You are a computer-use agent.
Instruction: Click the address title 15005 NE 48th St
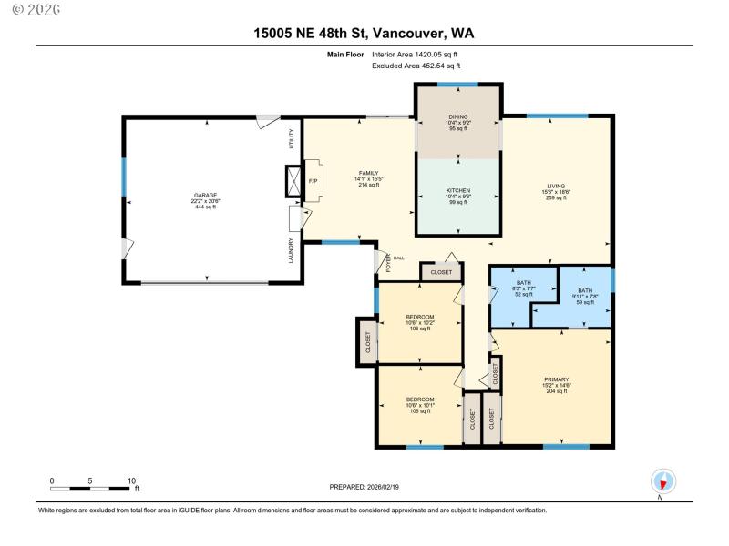364,34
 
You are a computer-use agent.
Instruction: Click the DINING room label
457,116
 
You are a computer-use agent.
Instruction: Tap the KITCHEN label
457,190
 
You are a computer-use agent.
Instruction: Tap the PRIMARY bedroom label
556,379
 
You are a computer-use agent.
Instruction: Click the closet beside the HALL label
441,272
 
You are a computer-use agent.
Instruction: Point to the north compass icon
662,482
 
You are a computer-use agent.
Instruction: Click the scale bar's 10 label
132,480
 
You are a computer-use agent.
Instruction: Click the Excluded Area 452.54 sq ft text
416,66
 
